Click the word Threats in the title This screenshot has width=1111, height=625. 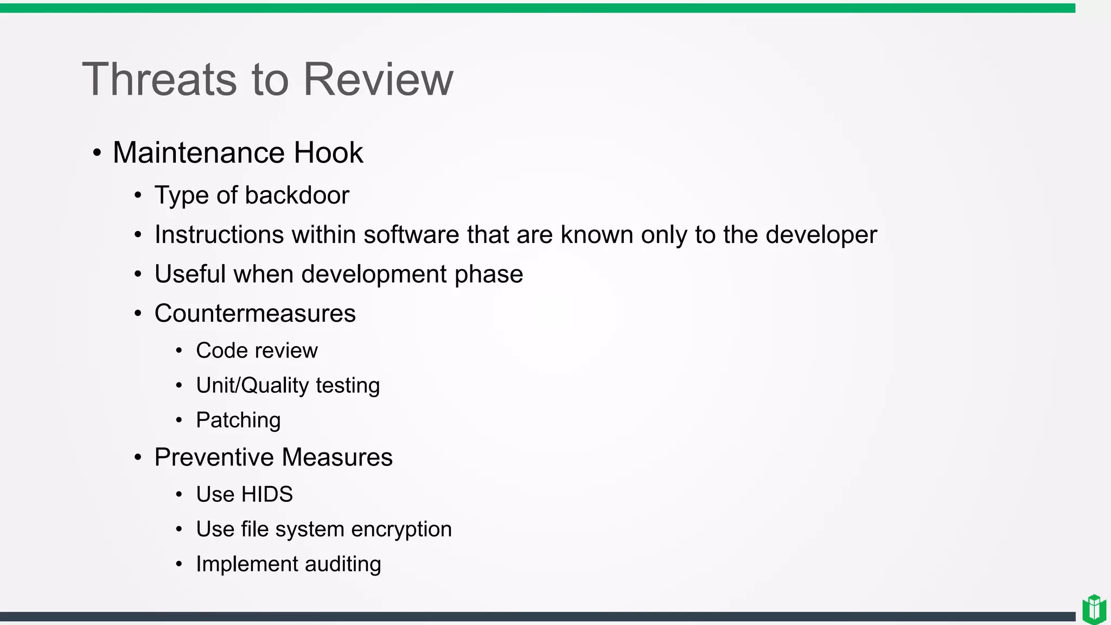tap(159, 79)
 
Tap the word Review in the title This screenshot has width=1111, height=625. tap(378, 79)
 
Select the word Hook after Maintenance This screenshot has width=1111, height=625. tap(328, 152)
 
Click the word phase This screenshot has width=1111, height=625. tap(489, 275)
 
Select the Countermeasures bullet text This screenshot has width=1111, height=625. tap(255, 314)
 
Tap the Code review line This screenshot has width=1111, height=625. tap(257, 350)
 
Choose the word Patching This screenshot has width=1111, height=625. tap(238, 420)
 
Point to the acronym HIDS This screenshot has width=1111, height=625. tap(267, 494)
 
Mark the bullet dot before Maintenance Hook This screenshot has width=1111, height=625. tap(97, 152)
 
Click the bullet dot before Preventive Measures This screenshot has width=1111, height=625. tap(138, 457)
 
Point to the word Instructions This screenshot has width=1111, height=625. tap(219, 235)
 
